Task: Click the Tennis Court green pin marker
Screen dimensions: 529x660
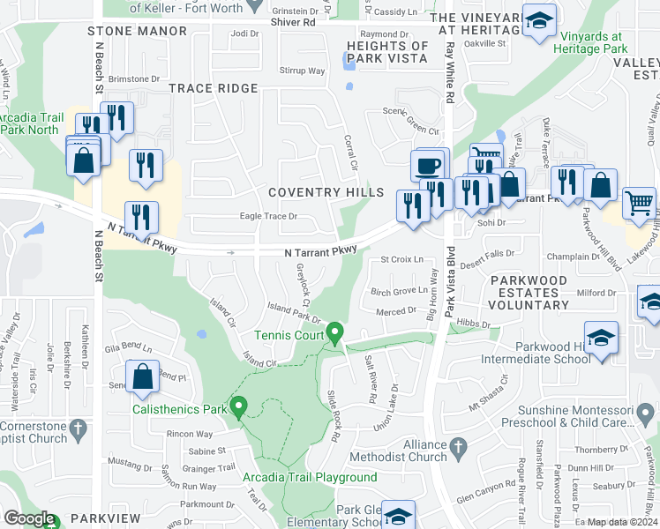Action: tap(334, 333)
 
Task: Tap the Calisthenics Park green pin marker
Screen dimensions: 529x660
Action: tap(237, 406)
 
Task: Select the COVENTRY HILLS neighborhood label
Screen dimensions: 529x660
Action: tap(326, 192)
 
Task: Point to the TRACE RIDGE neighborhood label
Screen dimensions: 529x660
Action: tap(214, 88)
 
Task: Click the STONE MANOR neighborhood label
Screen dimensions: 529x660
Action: tap(138, 31)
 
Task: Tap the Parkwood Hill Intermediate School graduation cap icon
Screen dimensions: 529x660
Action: tap(601, 339)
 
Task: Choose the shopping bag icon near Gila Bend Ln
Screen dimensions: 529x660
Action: tap(142, 376)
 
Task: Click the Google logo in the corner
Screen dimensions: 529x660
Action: tap(29, 519)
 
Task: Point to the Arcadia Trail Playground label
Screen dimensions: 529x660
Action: tap(310, 478)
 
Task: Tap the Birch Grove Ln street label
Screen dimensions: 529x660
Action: tap(398, 291)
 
